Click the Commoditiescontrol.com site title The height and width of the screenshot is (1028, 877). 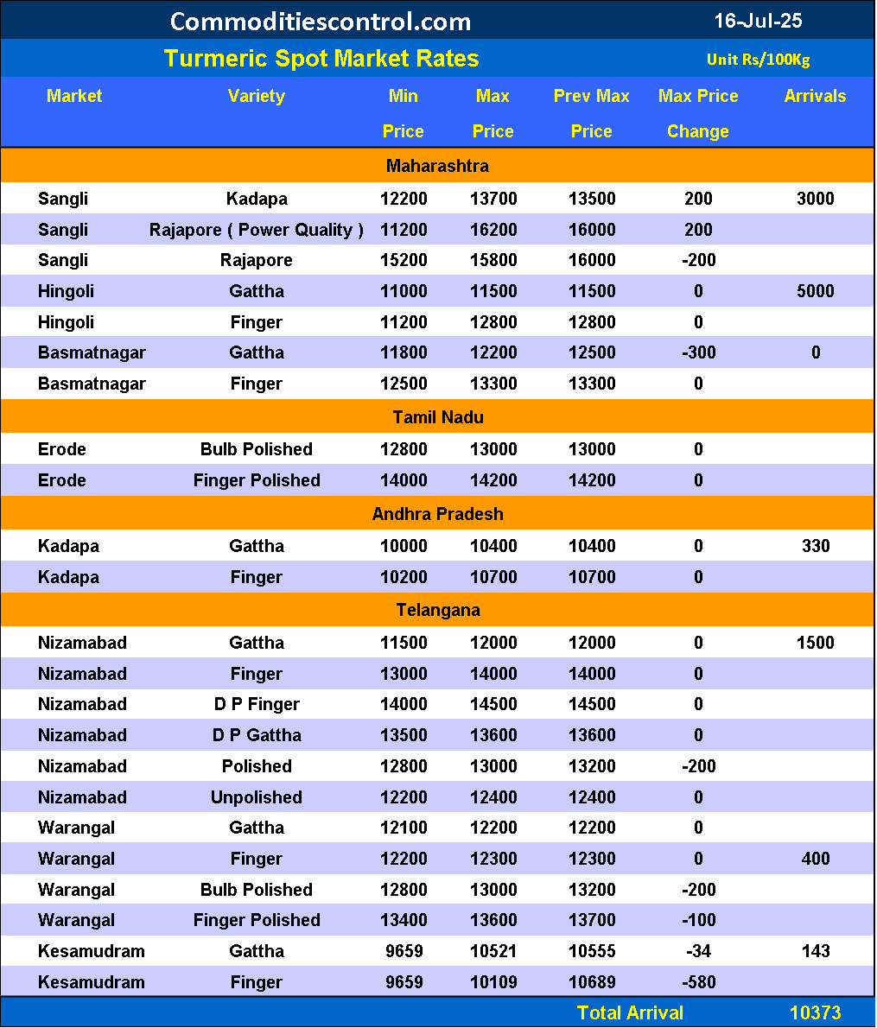pyautogui.click(x=321, y=21)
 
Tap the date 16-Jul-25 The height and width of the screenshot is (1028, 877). pyautogui.click(x=759, y=20)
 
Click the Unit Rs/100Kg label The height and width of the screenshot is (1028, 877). pyautogui.click(x=758, y=60)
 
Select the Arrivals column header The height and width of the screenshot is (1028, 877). pyautogui.click(x=815, y=96)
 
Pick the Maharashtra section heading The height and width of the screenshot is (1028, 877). pyautogui.click(x=437, y=166)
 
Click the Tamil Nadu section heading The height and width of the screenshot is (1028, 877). pyautogui.click(x=437, y=417)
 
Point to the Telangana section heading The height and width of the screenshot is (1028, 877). pyautogui.click(x=437, y=610)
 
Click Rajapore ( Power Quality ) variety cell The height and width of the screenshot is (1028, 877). pyautogui.click(x=257, y=230)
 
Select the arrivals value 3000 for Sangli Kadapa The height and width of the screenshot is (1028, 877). pyautogui.click(x=815, y=199)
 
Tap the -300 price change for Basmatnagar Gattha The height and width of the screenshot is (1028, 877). pyautogui.click(x=698, y=352)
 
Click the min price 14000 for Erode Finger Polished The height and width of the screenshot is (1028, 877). pyautogui.click(x=404, y=480)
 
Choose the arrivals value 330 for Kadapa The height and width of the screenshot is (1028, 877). pyautogui.click(x=815, y=546)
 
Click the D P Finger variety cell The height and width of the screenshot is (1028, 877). pyautogui.click(x=257, y=704)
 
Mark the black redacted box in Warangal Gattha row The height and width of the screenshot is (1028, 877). pyautogui.click(x=815, y=828)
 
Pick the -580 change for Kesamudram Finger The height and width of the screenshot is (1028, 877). pyautogui.click(x=698, y=982)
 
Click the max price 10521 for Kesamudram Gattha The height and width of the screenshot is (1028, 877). pyautogui.click(x=493, y=951)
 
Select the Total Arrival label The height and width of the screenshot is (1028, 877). pyautogui.click(x=630, y=1012)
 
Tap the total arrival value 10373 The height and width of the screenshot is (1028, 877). pyautogui.click(x=815, y=1012)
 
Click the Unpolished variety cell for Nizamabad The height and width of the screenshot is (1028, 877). pyautogui.click(x=257, y=797)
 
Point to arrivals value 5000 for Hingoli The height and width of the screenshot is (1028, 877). pyautogui.click(x=815, y=291)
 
